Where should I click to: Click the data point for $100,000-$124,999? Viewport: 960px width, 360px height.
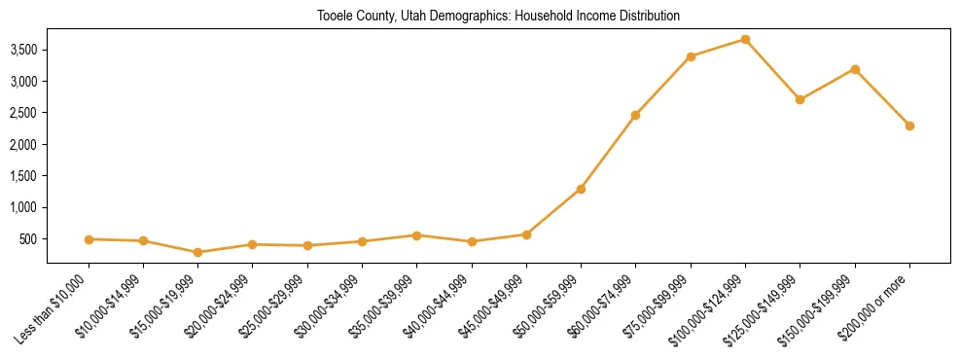(745, 39)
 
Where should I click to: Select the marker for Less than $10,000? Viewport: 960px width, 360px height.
(89, 239)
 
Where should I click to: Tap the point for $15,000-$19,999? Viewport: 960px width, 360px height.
(197, 252)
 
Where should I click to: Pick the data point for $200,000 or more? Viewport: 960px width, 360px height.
(909, 126)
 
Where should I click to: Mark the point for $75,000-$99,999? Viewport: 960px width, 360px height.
(691, 56)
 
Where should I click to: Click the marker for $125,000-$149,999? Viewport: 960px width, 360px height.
(800, 99)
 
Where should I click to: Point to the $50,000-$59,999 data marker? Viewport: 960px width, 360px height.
(581, 189)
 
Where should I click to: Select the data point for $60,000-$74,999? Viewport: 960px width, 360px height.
(635, 115)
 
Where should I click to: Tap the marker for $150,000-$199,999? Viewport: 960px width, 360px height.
(855, 69)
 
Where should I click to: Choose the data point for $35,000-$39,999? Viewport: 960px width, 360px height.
(416, 235)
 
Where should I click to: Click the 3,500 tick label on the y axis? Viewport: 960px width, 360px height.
(23, 50)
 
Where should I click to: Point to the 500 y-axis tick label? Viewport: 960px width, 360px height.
(29, 239)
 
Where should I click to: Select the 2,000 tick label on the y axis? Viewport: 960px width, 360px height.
(23, 144)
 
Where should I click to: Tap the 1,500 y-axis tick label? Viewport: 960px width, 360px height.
(23, 176)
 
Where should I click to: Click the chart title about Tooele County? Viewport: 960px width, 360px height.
(498, 17)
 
